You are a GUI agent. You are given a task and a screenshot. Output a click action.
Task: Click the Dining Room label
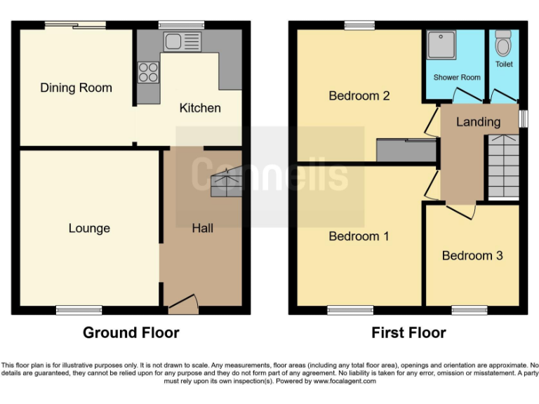pos(76,88)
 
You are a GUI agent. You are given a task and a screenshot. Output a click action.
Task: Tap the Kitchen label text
pos(200,108)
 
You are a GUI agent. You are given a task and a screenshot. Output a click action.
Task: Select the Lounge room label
pos(89,228)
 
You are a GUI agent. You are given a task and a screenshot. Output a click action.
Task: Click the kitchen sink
pos(182,41)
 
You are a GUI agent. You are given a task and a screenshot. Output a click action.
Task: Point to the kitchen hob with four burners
pos(148,72)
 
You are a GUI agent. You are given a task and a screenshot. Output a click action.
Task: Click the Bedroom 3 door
pos(461,209)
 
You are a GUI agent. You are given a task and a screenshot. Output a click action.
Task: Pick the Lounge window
pos(79,309)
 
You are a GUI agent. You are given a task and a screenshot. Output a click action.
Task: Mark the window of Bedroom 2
pos(359,25)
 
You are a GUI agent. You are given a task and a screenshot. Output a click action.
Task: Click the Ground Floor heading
pos(131,332)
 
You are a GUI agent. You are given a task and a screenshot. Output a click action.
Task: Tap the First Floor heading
pos(408,332)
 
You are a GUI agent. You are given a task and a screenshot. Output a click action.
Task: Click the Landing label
pos(478,121)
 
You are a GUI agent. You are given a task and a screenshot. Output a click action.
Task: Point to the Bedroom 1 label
pos(359,236)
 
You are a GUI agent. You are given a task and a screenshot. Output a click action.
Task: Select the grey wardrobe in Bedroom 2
pos(406,150)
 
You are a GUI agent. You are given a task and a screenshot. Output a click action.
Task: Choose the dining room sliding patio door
pos(75,25)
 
